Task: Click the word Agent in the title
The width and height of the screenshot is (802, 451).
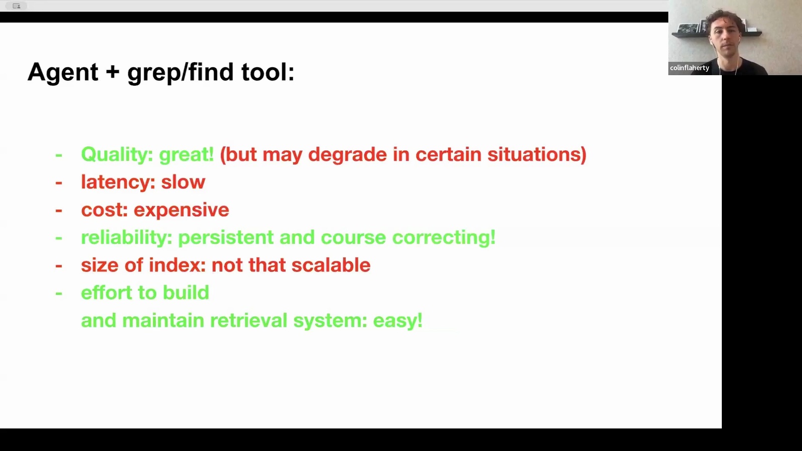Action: (63, 73)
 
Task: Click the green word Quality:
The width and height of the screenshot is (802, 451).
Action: (117, 155)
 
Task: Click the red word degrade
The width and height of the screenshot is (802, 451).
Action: (347, 155)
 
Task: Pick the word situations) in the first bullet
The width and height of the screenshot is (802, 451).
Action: (537, 155)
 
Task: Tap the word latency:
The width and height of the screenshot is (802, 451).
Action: (118, 182)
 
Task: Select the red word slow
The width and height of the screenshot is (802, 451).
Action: (183, 182)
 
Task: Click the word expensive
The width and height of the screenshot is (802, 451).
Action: (181, 210)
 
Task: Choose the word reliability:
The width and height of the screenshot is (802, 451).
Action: (127, 238)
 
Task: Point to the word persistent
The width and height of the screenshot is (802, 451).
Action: (226, 238)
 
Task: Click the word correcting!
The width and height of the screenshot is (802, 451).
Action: (444, 238)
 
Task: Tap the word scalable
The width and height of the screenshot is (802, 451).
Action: (331, 265)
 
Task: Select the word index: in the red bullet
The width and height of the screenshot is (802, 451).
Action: (177, 265)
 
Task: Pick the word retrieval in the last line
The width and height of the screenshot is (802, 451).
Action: (249, 320)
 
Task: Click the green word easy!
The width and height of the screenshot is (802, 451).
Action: (398, 321)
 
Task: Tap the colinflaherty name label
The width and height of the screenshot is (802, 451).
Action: (689, 68)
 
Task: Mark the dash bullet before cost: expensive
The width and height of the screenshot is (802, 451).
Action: (59, 210)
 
